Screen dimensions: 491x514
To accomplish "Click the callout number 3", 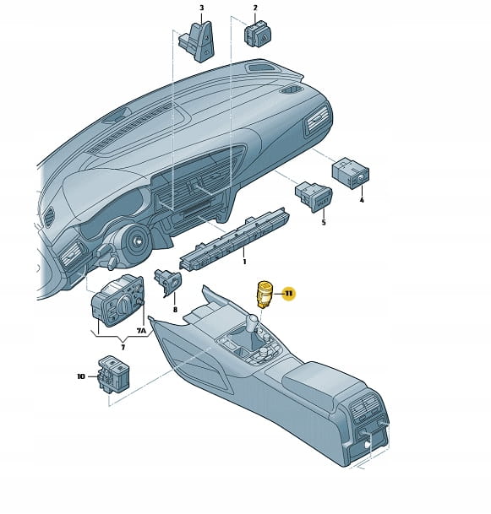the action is point(201,8).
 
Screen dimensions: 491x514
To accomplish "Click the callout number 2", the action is point(255,8).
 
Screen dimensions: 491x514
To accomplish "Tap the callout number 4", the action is point(362,200).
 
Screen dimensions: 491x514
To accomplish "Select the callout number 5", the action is point(324,223).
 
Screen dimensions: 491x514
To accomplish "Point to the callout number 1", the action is point(244,262).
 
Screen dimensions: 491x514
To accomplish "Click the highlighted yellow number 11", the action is point(288,294).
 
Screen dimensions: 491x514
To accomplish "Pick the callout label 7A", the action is point(141,331).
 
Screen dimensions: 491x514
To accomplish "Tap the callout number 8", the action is point(175,310).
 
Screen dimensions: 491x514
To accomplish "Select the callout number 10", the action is point(81,376).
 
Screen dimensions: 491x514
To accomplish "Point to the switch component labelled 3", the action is point(197,41).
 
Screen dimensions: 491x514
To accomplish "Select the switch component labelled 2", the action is point(258,34).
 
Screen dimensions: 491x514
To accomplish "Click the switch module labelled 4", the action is point(351,173).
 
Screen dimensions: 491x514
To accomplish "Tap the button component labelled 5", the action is point(314,197).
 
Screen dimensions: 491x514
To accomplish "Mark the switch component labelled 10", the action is point(114,373).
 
